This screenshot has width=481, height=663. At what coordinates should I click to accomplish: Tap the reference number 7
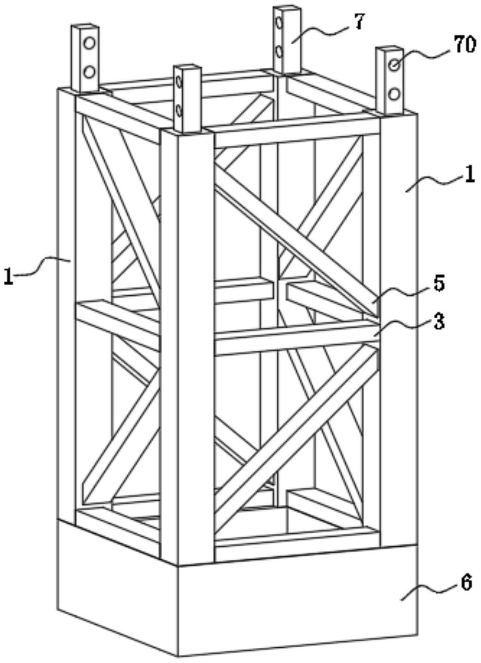tap(358, 22)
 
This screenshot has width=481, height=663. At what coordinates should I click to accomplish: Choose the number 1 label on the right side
tap(468, 175)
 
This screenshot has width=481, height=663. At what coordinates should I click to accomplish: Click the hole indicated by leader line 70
tap(394, 65)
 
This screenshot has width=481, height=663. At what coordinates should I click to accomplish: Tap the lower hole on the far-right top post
tap(394, 95)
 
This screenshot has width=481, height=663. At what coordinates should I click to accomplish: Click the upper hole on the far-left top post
tap(89, 44)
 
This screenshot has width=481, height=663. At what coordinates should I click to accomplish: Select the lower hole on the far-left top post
tap(89, 72)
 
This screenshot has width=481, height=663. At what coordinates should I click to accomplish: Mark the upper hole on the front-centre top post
tap(179, 81)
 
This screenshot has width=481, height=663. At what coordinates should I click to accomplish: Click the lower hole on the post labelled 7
tap(278, 52)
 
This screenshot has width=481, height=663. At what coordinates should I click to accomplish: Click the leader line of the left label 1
tap(42, 266)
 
